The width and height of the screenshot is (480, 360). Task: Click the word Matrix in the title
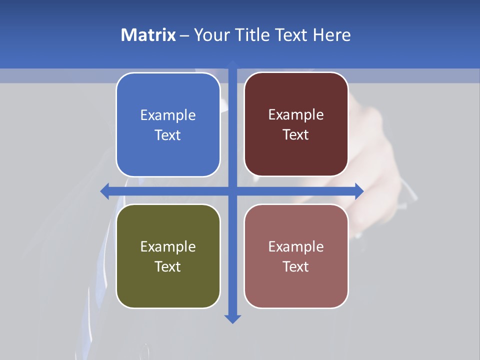click(148, 35)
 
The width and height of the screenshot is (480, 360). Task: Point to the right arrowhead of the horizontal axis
click(359, 191)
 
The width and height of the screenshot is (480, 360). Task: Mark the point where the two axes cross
click(232, 191)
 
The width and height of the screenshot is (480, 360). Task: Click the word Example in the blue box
click(168, 115)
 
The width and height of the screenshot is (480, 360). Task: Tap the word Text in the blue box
click(168, 135)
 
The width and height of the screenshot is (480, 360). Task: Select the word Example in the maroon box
click(296, 115)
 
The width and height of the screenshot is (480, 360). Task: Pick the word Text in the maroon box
click(296, 135)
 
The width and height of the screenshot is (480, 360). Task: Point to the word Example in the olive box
click(168, 246)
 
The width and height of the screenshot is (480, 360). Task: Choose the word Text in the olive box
click(168, 266)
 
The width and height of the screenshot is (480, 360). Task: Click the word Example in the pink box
click(296, 246)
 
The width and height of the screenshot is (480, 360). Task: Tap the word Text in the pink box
click(296, 266)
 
